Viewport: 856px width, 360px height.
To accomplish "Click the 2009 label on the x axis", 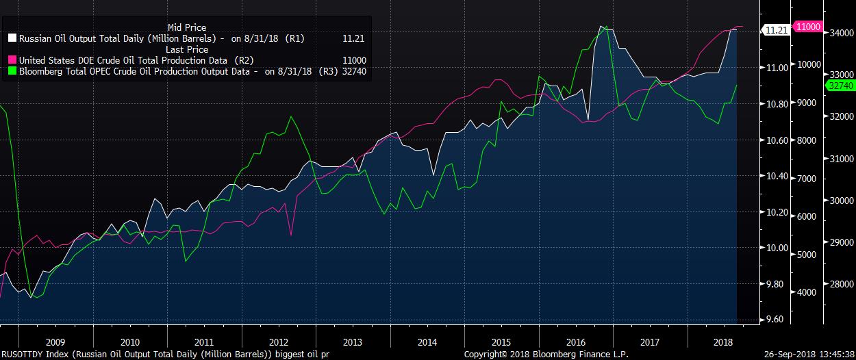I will (x=55, y=342).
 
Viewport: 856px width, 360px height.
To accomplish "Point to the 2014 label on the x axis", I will (x=427, y=342).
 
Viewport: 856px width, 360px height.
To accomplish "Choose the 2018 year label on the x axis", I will (x=723, y=342).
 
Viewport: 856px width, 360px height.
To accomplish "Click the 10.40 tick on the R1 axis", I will (x=777, y=177).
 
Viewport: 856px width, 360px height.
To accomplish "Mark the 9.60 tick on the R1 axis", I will (x=777, y=320).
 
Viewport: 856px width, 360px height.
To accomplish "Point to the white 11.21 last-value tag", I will (x=775, y=30).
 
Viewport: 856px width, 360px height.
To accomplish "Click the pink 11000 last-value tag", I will (x=807, y=26).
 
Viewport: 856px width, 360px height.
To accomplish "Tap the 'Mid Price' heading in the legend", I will (x=186, y=28).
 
